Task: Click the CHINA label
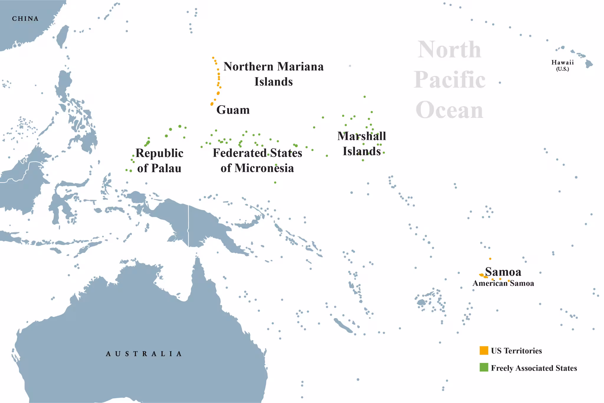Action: point(25,19)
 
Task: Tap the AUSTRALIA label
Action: point(144,353)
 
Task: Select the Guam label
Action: point(233,110)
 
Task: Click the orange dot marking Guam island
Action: point(212,104)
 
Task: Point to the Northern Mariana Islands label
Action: point(273,74)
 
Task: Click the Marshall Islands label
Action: point(362,144)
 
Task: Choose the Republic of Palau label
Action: point(159,160)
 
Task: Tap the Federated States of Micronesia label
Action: point(257,160)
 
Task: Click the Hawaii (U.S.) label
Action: point(562,65)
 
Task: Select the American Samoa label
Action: point(503,284)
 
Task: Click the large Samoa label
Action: point(503,272)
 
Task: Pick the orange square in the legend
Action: point(484,350)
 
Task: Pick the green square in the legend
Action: point(484,367)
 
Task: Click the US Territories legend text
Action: point(516,351)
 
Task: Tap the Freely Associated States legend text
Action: point(534,368)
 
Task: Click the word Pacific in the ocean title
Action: point(449,80)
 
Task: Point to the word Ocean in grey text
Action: point(449,110)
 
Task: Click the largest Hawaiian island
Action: point(589,64)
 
